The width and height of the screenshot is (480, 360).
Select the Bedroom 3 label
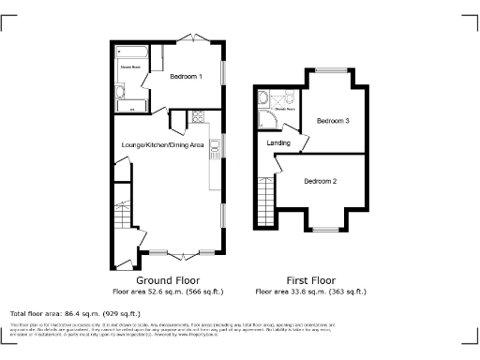pyautogui.click(x=333, y=121)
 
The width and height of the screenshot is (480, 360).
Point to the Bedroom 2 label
pyautogui.click(x=321, y=181)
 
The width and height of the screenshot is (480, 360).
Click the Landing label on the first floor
pyautogui.click(x=278, y=142)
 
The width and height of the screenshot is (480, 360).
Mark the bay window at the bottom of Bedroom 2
pyautogui.click(x=326, y=228)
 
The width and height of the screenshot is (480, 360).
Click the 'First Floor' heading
pyautogui.click(x=310, y=280)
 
